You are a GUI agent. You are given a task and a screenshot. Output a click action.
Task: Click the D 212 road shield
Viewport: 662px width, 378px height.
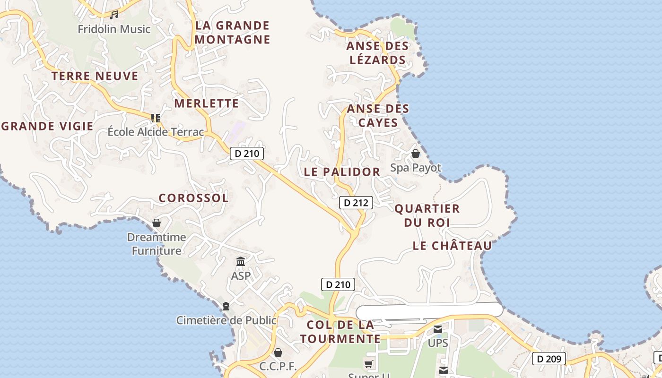[x=356, y=203]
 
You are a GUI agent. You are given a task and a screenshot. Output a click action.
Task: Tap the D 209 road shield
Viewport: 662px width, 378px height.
[x=549, y=359]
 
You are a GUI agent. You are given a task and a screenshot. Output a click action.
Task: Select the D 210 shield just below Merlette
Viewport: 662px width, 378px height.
[x=246, y=153]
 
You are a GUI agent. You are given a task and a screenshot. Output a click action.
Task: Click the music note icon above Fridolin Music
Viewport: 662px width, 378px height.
[x=114, y=15]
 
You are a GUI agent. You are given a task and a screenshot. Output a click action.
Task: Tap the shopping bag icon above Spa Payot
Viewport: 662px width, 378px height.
[x=415, y=154]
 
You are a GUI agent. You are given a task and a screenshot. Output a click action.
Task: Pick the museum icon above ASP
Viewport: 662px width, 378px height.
[x=241, y=261]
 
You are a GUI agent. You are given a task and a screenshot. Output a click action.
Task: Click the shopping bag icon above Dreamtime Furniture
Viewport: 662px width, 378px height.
[x=157, y=223]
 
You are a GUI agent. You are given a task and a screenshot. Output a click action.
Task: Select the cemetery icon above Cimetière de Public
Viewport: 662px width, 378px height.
[x=226, y=306]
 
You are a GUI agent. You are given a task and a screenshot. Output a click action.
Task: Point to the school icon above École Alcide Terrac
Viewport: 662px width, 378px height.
[x=155, y=118]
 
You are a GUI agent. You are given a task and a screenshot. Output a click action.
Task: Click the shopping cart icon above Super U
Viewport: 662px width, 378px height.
[x=369, y=363]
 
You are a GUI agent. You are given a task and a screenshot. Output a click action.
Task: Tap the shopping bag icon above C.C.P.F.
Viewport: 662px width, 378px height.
[x=278, y=352]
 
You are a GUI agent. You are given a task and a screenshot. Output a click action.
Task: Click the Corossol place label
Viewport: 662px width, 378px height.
[x=193, y=198]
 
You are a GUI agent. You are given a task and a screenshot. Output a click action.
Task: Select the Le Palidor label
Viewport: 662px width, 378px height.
[x=342, y=172]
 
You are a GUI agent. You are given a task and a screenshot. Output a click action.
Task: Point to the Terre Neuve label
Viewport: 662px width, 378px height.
[x=95, y=76]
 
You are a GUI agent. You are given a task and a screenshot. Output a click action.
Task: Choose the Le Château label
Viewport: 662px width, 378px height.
[x=452, y=246]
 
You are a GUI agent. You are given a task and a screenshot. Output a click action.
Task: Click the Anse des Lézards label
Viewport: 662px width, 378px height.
[x=377, y=53]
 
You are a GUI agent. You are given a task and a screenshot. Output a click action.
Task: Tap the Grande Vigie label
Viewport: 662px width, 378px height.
[x=47, y=126]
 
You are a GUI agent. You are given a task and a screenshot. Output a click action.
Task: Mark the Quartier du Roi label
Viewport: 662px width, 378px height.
[x=427, y=215]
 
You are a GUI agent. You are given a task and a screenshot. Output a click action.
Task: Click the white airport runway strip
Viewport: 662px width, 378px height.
[x=429, y=310]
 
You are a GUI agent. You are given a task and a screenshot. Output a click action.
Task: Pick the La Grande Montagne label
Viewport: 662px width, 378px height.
[x=232, y=32]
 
